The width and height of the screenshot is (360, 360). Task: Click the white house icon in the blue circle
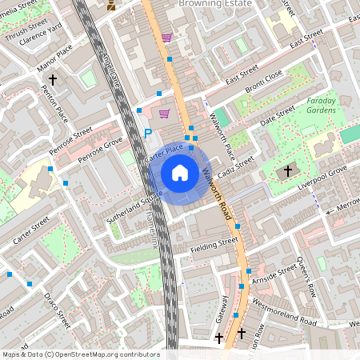click(180, 172)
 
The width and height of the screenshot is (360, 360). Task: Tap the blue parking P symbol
click(147, 134)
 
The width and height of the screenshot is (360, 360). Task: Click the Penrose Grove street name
click(100, 150)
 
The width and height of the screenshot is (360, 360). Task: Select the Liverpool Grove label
click(322, 175)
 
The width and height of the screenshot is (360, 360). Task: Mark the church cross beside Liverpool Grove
click(289, 171)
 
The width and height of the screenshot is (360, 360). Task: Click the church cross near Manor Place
click(53, 80)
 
